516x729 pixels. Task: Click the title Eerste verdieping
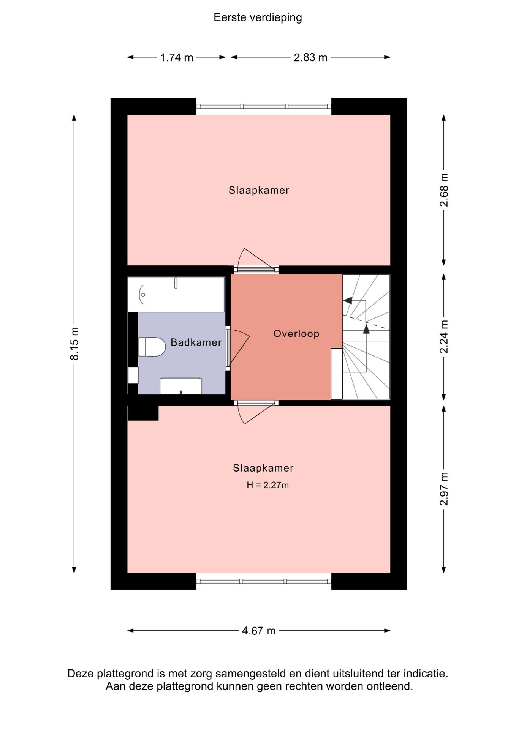(x=258, y=18)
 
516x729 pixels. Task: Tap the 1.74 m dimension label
(x=177, y=58)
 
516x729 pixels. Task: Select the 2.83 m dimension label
(x=310, y=57)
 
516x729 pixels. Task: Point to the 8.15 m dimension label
(x=74, y=344)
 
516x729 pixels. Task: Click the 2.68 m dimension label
(x=444, y=190)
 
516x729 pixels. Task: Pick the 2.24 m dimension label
(x=444, y=337)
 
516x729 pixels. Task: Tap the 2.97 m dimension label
(x=444, y=489)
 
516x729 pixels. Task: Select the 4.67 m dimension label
(x=258, y=631)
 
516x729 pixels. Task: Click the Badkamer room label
(x=196, y=342)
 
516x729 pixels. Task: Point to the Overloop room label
(x=296, y=334)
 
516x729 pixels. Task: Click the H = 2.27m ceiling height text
(x=267, y=485)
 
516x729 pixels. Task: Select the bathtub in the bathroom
(x=176, y=295)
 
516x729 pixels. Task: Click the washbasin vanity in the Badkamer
(x=181, y=386)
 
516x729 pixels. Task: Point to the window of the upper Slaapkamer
(x=264, y=107)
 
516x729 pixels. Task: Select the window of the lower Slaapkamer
(x=264, y=581)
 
